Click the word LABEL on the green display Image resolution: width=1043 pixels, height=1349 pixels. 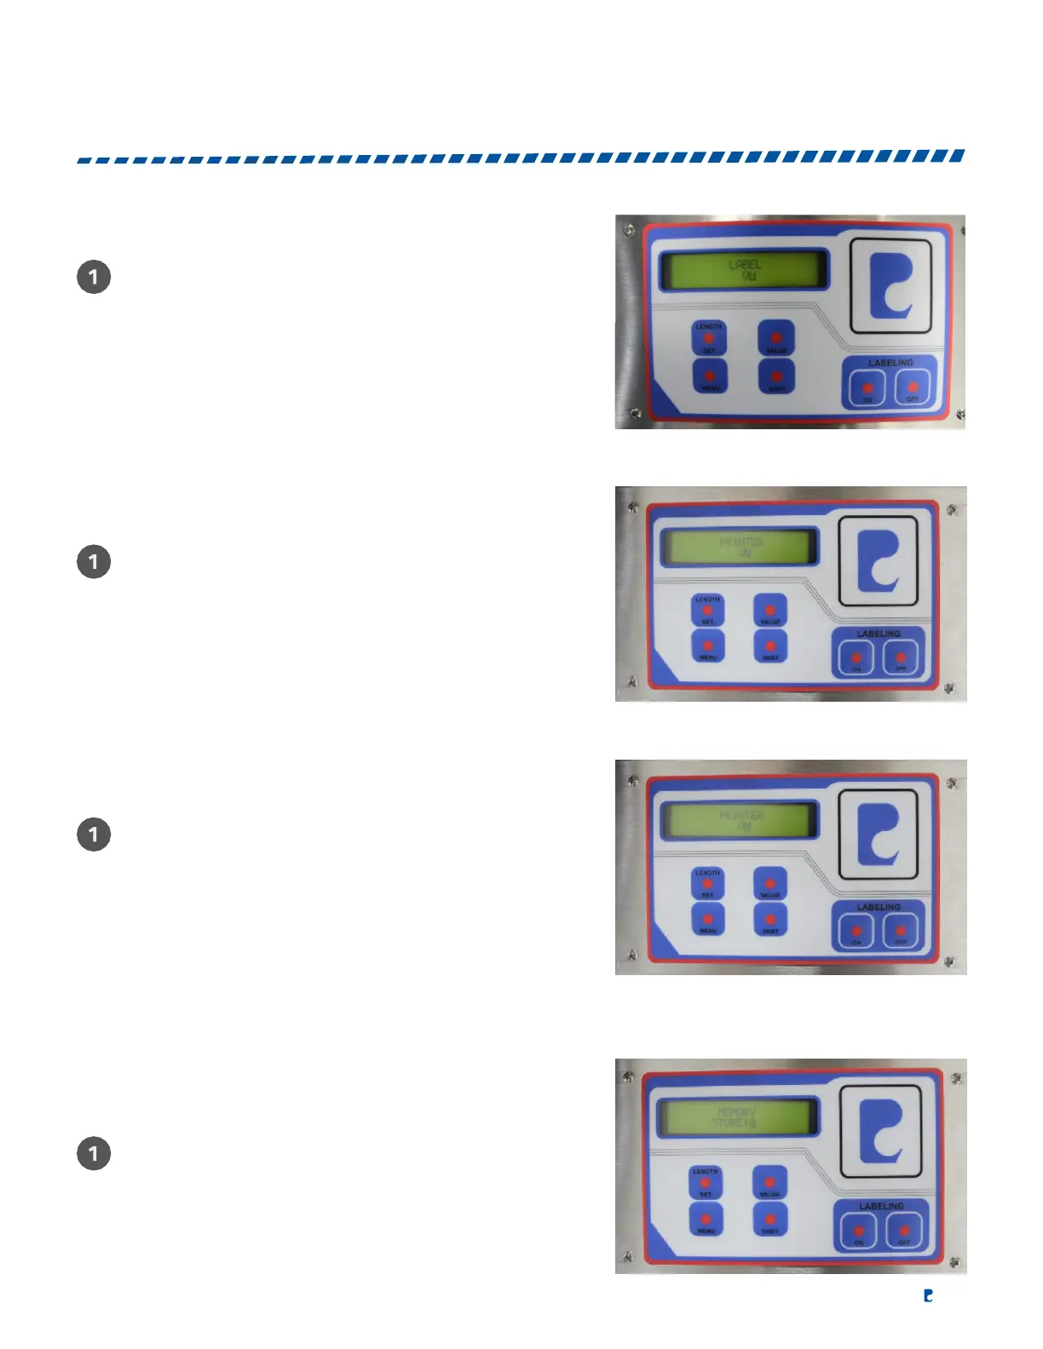[x=745, y=265]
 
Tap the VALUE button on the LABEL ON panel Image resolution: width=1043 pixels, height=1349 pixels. [x=775, y=338]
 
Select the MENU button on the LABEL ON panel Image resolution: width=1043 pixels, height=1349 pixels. [x=709, y=376]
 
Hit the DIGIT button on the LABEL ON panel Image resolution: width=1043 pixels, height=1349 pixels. [x=776, y=376]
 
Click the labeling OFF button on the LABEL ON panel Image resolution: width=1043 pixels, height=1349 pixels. [x=912, y=388]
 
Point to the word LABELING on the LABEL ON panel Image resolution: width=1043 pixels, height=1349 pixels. [x=890, y=363]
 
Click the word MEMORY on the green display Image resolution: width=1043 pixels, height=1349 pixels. [x=737, y=1111]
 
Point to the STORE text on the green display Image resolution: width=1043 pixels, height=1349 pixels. [x=729, y=1123]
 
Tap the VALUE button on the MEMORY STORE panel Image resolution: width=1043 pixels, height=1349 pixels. [x=769, y=1183]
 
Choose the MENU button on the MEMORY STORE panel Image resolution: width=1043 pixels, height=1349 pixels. [x=706, y=1220]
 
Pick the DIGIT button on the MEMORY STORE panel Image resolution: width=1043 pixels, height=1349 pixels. [x=770, y=1220]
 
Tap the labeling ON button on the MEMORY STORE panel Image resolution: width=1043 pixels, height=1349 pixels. [x=859, y=1231]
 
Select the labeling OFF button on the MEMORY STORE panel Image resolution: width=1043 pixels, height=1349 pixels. [x=904, y=1231]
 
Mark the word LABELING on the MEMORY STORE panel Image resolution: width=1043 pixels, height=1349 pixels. [x=881, y=1207]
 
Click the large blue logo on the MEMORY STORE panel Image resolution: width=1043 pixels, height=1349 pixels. [x=881, y=1131]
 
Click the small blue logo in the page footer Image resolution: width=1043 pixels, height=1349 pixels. [x=929, y=1295]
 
